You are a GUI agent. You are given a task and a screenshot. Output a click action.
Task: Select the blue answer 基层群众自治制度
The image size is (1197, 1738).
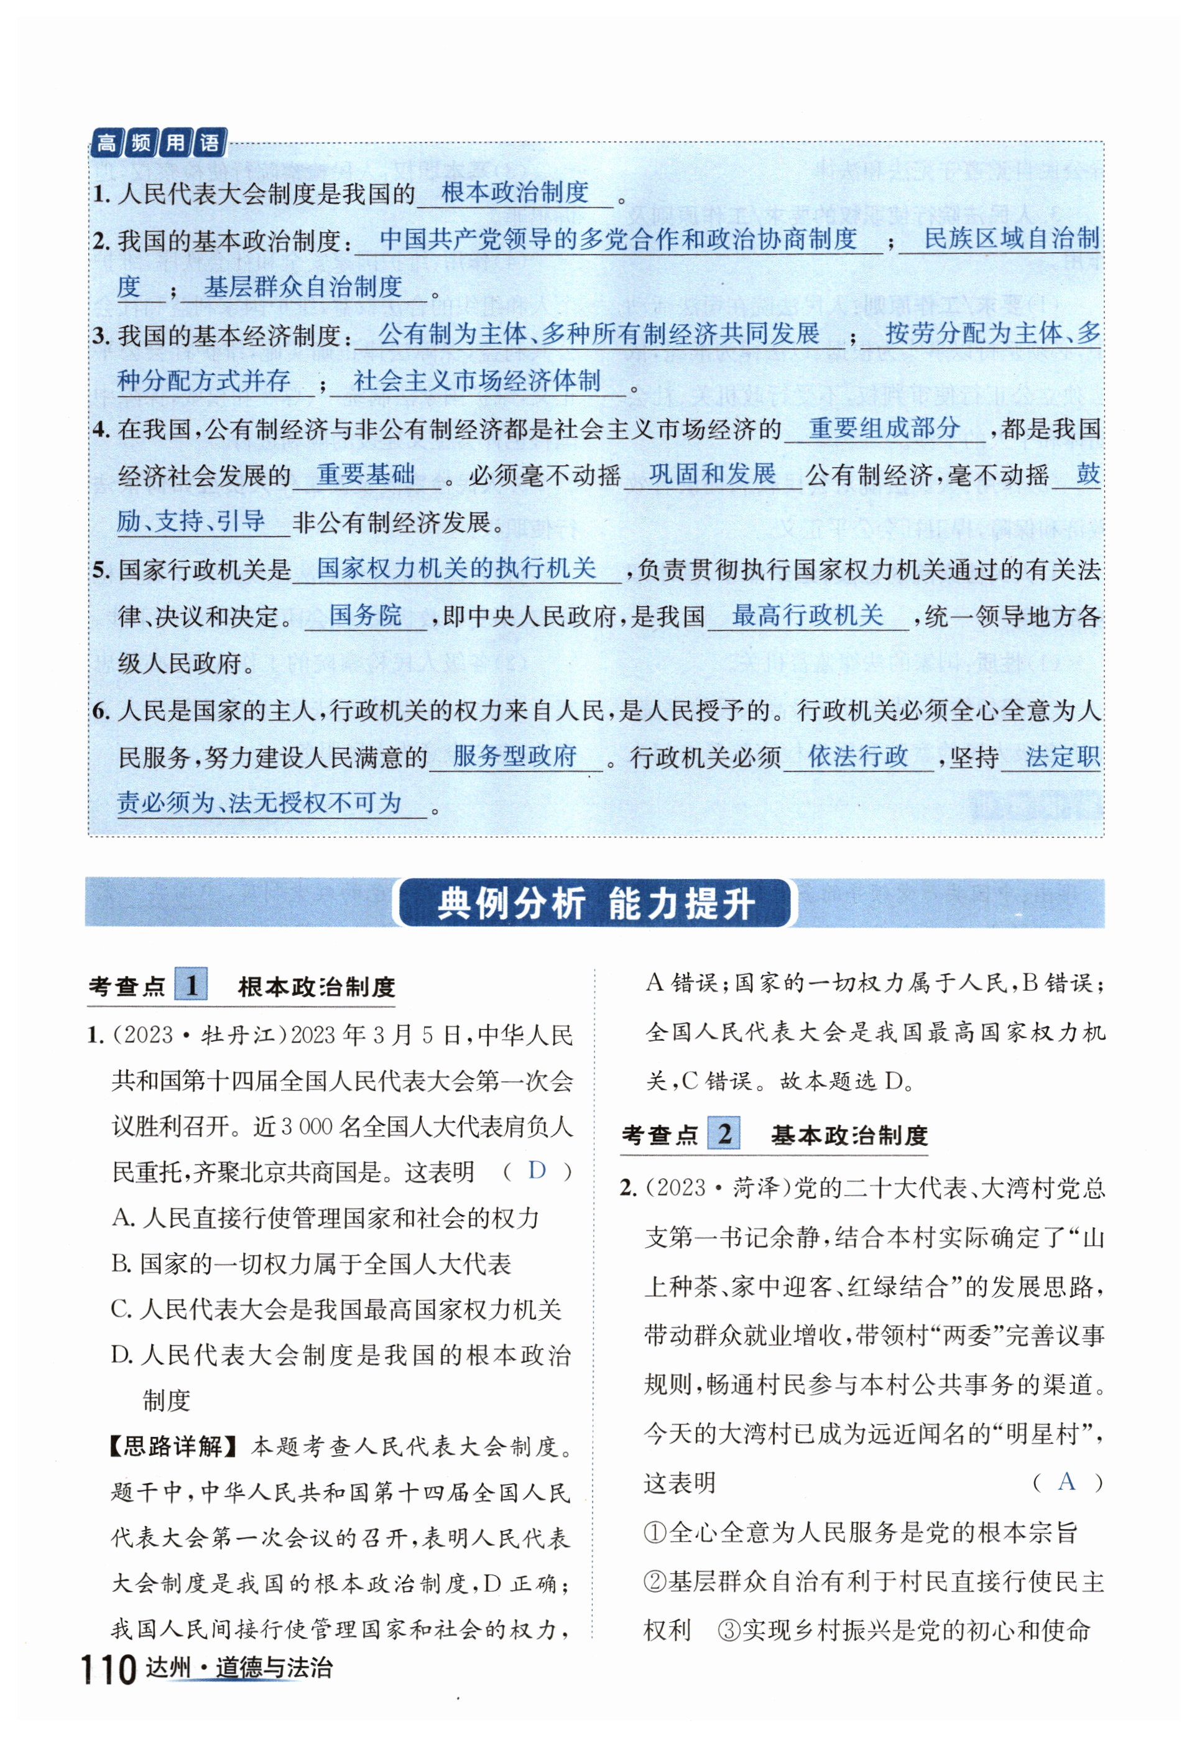pos(303,287)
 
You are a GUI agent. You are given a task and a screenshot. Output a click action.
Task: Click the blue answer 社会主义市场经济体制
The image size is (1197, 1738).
pos(477,381)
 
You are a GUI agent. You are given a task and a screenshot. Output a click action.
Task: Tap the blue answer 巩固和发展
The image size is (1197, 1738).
pos(712,475)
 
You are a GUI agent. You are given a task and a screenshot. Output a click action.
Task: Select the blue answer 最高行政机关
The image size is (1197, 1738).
pos(807,616)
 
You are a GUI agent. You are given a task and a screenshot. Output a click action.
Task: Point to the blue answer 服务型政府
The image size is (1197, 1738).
pos(514,756)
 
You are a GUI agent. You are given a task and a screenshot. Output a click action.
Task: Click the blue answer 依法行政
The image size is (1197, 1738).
pos(857,756)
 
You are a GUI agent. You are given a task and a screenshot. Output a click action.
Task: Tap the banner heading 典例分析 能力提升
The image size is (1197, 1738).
pos(596,903)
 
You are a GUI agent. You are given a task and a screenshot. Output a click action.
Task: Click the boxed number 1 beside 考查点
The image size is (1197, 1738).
pos(192,985)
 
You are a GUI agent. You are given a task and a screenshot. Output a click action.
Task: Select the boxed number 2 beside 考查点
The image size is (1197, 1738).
pos(724,1133)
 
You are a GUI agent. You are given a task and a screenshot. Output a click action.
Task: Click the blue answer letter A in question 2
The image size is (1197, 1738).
pos(1066,1482)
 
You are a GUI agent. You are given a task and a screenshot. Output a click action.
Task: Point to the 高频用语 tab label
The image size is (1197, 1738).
pos(158,142)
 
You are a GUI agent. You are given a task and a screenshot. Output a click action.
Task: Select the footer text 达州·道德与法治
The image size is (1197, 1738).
pos(239,1669)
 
